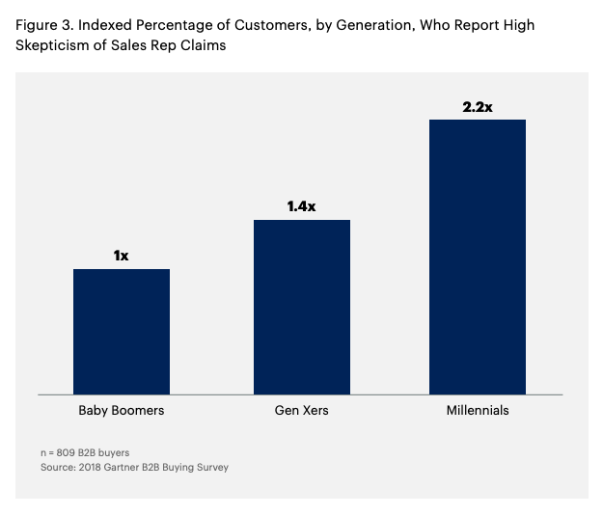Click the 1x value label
coord(122,256)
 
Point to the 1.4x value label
coord(302,206)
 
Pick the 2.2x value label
coord(478,107)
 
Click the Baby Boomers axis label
coord(122,411)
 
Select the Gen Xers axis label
coord(302,411)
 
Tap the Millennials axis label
coord(478,411)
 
